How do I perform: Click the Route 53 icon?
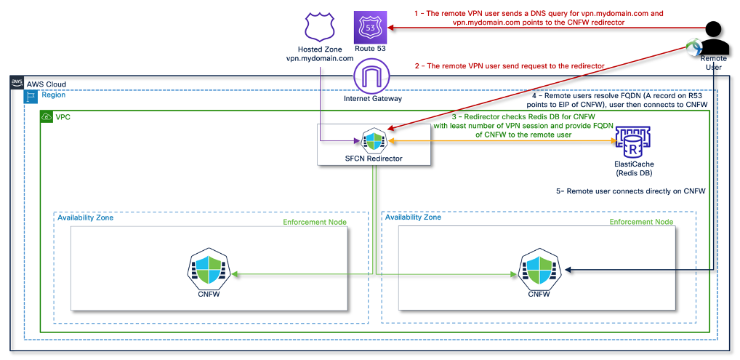click(370, 28)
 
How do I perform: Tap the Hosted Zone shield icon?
click(320, 27)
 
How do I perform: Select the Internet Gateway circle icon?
click(372, 76)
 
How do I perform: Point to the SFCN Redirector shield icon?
click(374, 140)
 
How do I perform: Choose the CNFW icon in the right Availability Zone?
click(539, 273)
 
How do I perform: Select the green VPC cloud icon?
click(47, 116)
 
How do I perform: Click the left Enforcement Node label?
click(315, 222)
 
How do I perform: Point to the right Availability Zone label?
click(413, 217)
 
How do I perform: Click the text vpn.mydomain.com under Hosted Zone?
click(320, 59)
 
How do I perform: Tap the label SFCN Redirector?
click(374, 159)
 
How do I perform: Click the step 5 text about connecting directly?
click(631, 191)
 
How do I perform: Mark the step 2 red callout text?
click(510, 67)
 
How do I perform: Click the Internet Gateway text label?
click(373, 99)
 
